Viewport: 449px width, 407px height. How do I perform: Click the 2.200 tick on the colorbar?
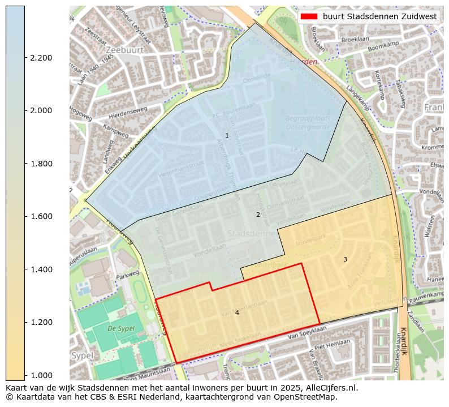tap(41, 58)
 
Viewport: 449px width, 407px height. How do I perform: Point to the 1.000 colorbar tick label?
tap(41, 375)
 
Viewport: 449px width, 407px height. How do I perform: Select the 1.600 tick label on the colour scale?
tap(41, 216)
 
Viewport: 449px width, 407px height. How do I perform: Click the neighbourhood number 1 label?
tap(227, 135)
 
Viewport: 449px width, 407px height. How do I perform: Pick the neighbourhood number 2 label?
tap(258, 215)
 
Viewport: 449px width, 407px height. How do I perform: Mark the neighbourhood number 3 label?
tap(345, 259)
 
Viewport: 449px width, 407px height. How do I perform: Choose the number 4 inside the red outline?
tap(237, 312)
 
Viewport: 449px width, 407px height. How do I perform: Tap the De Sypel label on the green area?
tap(120, 328)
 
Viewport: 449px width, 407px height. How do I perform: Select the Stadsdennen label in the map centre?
tap(251, 233)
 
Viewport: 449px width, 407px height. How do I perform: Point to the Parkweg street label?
tap(127, 278)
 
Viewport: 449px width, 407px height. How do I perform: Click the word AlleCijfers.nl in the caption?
tap(329, 388)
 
